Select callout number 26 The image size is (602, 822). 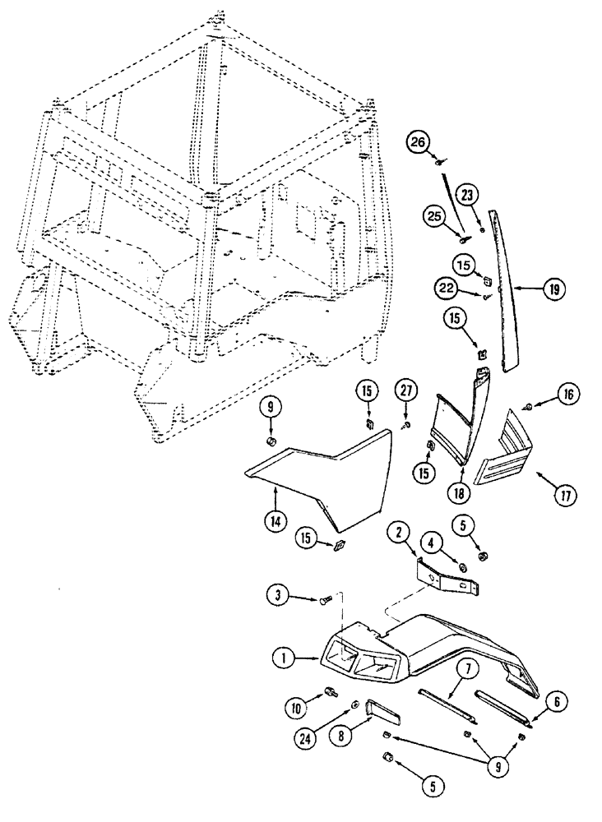pyautogui.click(x=419, y=143)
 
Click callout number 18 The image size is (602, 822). pyautogui.click(x=457, y=494)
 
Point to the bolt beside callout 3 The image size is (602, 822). pyautogui.click(x=326, y=602)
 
